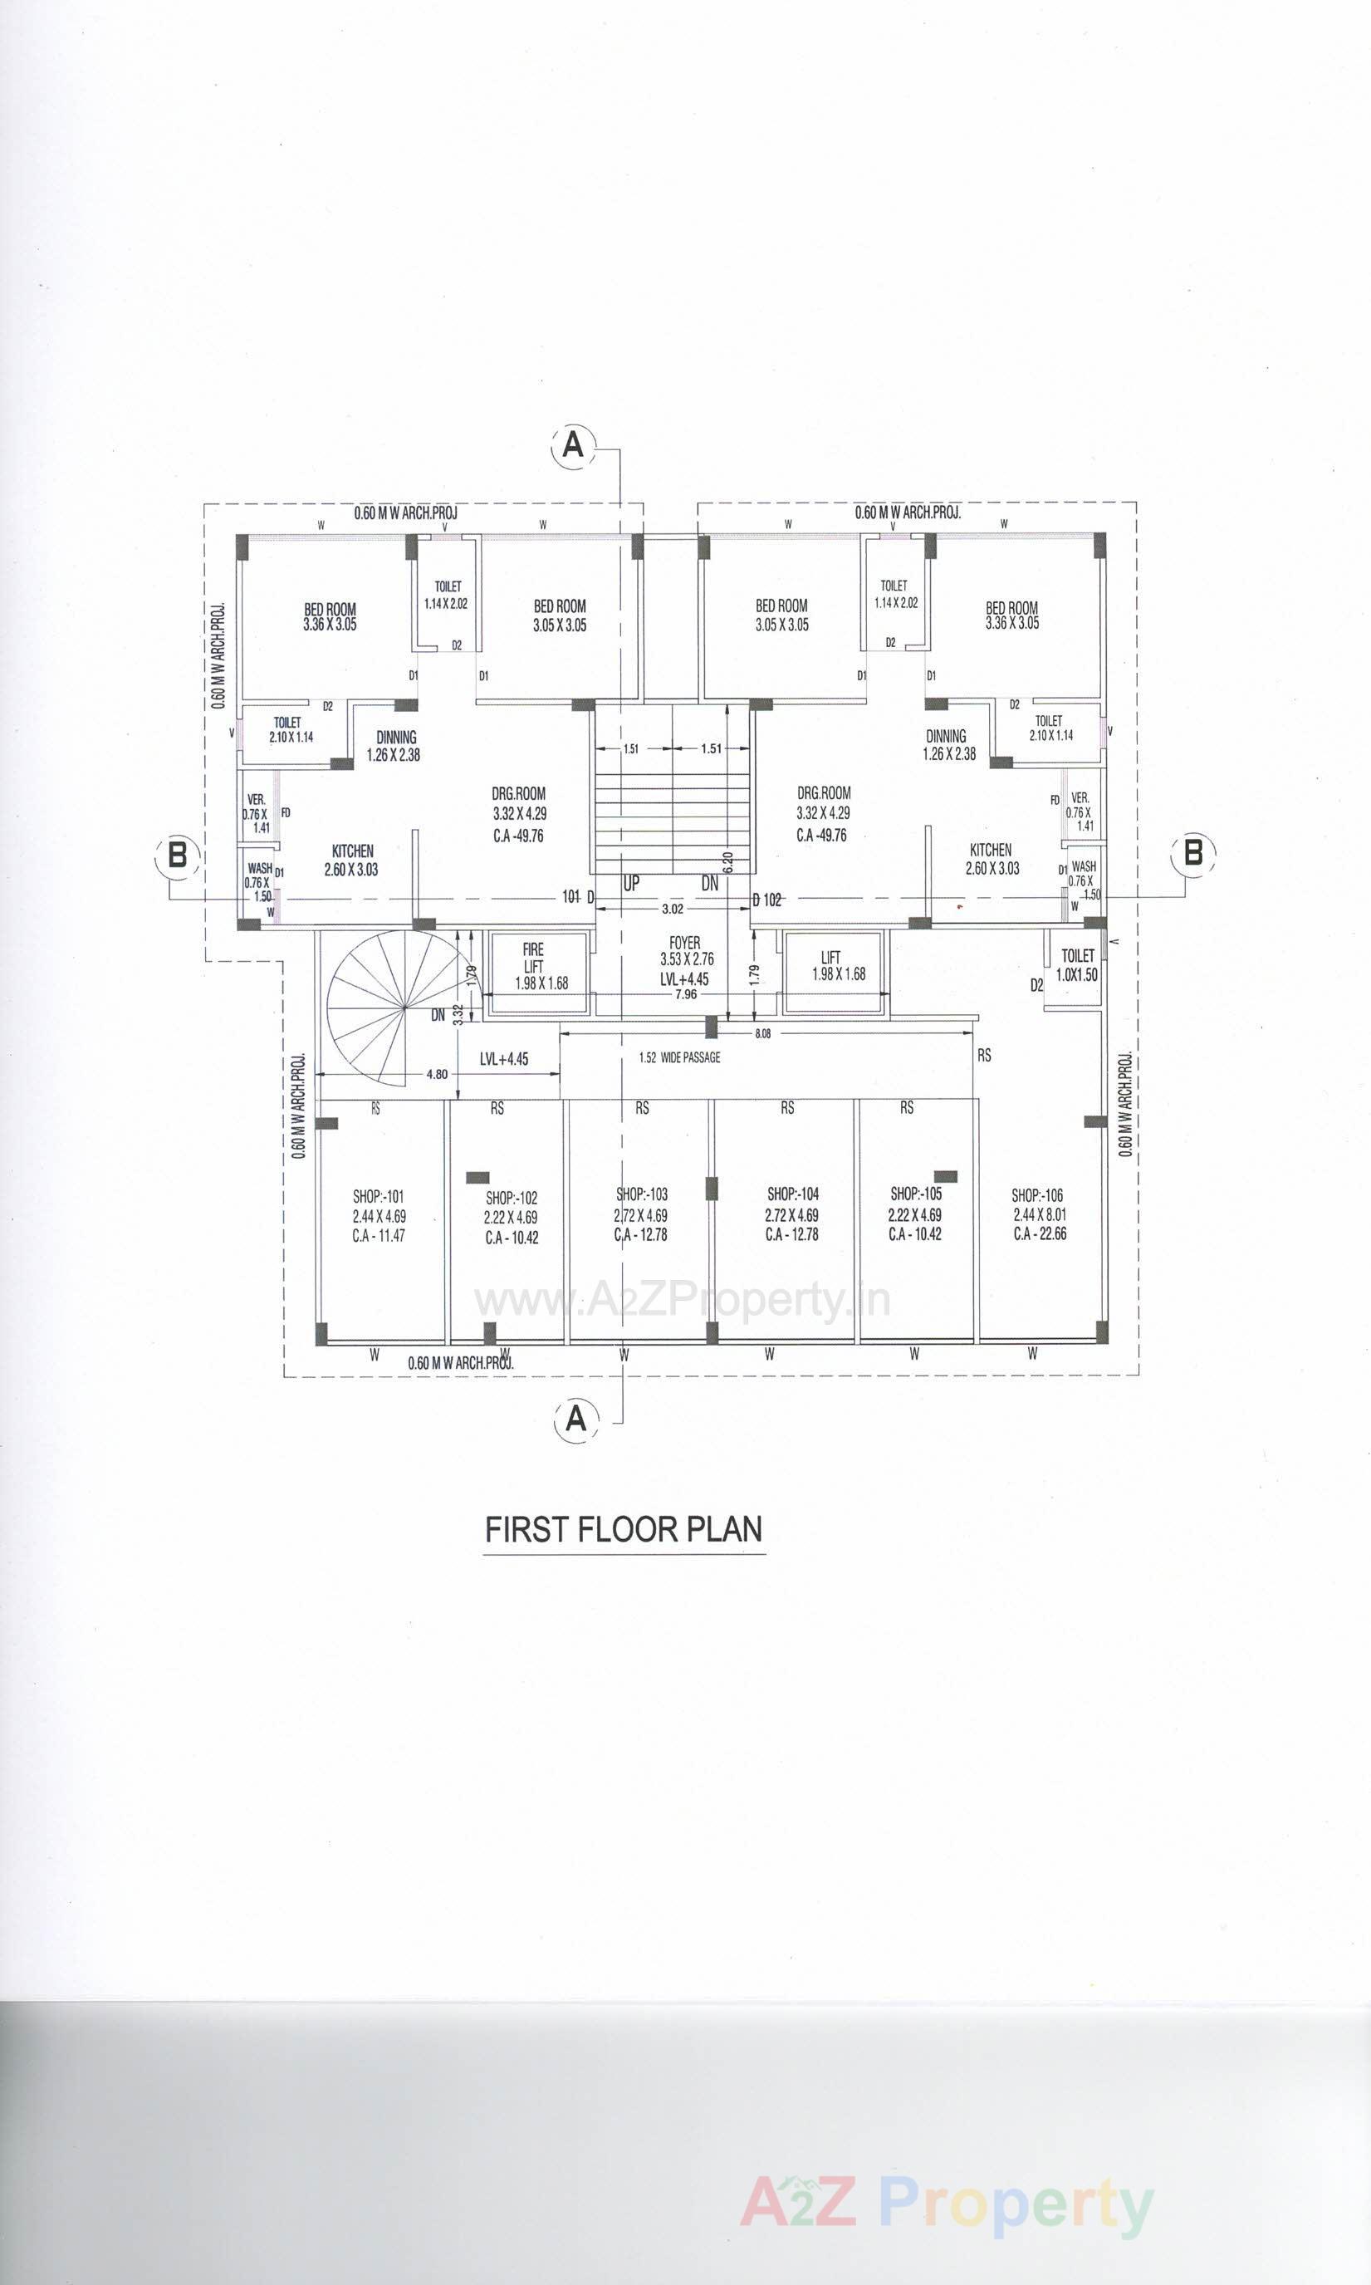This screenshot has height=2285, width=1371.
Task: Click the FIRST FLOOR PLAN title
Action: (x=624, y=1529)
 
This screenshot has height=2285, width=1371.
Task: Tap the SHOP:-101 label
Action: (x=378, y=1197)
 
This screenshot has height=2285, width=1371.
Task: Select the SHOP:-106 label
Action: (x=1037, y=1195)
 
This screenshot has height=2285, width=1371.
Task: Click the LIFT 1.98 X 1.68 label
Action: (x=838, y=965)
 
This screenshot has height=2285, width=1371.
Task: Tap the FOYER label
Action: (x=684, y=943)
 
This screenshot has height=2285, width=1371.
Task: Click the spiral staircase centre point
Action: (x=404, y=1008)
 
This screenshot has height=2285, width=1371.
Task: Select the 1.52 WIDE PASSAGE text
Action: (x=680, y=1057)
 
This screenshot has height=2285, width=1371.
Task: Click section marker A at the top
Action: (x=574, y=445)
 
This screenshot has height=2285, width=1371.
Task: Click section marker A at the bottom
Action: (x=575, y=1417)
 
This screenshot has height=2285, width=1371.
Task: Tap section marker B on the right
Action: (x=1192, y=851)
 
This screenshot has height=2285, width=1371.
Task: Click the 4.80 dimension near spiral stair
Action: (x=437, y=1074)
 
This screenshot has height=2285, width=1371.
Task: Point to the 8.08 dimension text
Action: (x=762, y=1034)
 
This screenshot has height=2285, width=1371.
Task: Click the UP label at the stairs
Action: (x=631, y=883)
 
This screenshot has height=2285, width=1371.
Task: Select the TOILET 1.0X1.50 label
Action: (x=1077, y=964)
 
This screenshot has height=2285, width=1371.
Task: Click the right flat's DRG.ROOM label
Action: (x=823, y=792)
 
